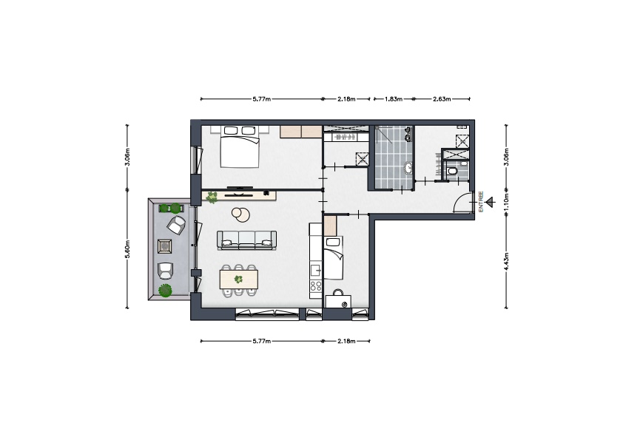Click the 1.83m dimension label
394,99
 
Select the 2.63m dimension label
442,99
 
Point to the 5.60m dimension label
127,250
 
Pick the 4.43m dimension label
506,261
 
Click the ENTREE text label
481,202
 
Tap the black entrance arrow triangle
491,202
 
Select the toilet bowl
451,171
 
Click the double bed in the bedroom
240,147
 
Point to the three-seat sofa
246,240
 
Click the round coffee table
240,214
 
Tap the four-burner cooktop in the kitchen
316,285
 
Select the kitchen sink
316,270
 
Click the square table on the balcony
165,246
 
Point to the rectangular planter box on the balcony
172,208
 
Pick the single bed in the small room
334,258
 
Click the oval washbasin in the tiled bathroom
408,168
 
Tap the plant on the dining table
238,280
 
